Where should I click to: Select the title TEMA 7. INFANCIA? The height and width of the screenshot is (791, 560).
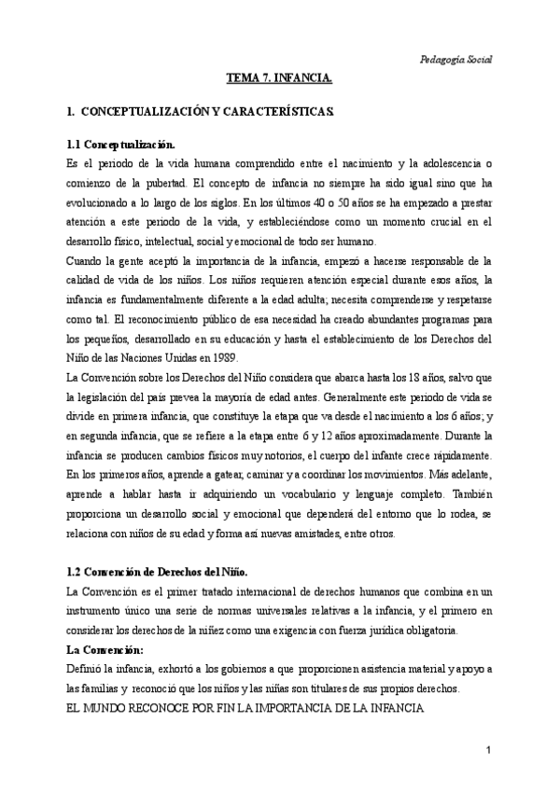280,81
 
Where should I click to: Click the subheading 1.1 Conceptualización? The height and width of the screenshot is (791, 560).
121,146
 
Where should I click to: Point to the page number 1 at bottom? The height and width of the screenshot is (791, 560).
488,751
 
